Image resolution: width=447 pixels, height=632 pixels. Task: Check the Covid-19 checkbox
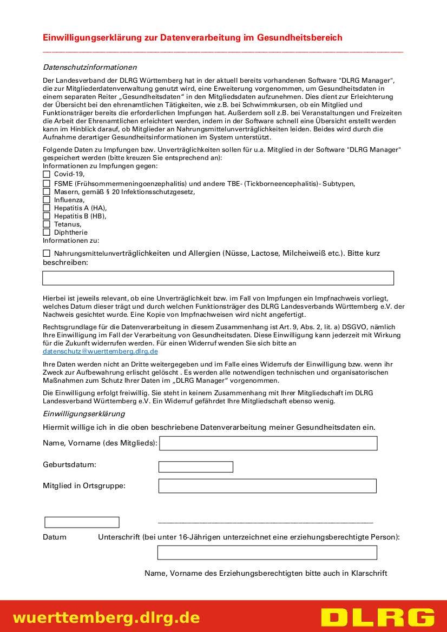(x=46, y=174)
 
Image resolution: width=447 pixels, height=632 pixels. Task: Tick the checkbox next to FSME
(x=46, y=183)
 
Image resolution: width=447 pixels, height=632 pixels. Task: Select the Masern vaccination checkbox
(x=46, y=191)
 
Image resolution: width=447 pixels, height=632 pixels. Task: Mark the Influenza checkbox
(x=46, y=199)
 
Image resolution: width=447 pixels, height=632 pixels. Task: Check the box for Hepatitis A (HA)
(x=46, y=208)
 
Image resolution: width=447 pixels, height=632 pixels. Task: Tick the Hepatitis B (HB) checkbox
(x=46, y=216)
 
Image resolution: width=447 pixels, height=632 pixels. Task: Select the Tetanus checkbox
(x=46, y=224)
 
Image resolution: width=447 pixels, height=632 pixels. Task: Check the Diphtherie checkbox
(x=46, y=232)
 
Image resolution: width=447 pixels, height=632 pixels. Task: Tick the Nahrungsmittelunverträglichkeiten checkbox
(x=46, y=253)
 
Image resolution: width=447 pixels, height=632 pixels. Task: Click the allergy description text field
(x=218, y=278)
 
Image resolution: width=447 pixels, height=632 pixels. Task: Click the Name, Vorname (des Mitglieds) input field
(x=268, y=443)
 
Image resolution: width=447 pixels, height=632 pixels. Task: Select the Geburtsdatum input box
(x=195, y=467)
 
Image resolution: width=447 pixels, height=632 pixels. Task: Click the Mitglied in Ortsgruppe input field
(x=267, y=485)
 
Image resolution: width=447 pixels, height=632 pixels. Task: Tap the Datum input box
(x=82, y=522)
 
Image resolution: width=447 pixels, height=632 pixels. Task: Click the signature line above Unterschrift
(x=265, y=522)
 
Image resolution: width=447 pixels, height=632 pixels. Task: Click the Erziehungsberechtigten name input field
(x=267, y=553)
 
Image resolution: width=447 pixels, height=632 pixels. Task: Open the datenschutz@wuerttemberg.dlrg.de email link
(x=100, y=351)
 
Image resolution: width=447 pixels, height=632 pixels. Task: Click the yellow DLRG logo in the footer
(x=377, y=617)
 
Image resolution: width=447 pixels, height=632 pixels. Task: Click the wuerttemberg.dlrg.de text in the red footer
(x=106, y=617)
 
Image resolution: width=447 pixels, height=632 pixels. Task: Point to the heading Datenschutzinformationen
(x=90, y=67)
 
